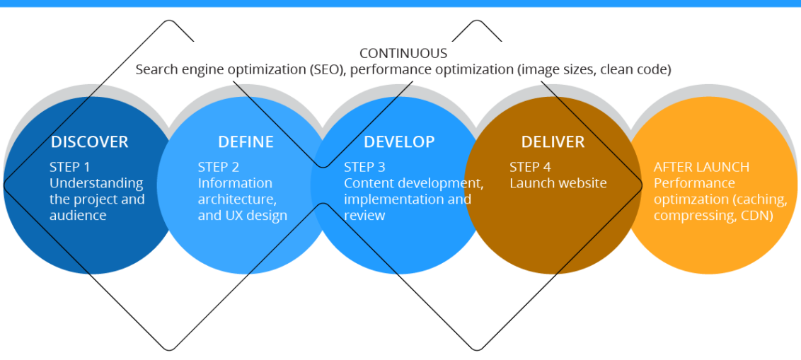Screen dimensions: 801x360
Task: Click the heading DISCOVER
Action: [x=89, y=141]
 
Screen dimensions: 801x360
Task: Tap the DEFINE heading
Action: [x=246, y=141]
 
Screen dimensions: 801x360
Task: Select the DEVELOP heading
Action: [x=399, y=141]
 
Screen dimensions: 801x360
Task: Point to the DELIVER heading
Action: [x=553, y=141]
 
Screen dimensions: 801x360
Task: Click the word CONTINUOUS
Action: [x=403, y=53]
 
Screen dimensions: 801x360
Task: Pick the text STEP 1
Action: [x=70, y=167]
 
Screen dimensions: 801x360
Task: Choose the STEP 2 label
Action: [x=219, y=167]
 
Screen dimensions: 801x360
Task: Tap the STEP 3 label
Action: [x=364, y=167]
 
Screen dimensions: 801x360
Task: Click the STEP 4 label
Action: [x=530, y=167]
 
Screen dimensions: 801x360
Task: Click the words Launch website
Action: [x=558, y=183]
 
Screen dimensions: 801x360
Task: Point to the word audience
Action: [x=78, y=216]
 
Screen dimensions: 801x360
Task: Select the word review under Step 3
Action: [x=364, y=216]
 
